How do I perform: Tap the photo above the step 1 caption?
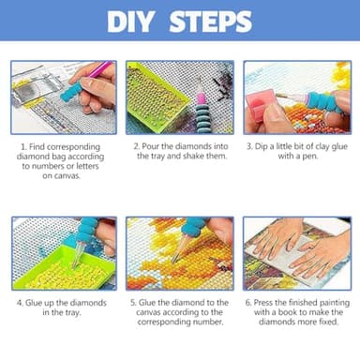click(x=63, y=97)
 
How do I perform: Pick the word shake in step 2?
click(x=185, y=159)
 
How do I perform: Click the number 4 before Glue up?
click(x=20, y=304)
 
